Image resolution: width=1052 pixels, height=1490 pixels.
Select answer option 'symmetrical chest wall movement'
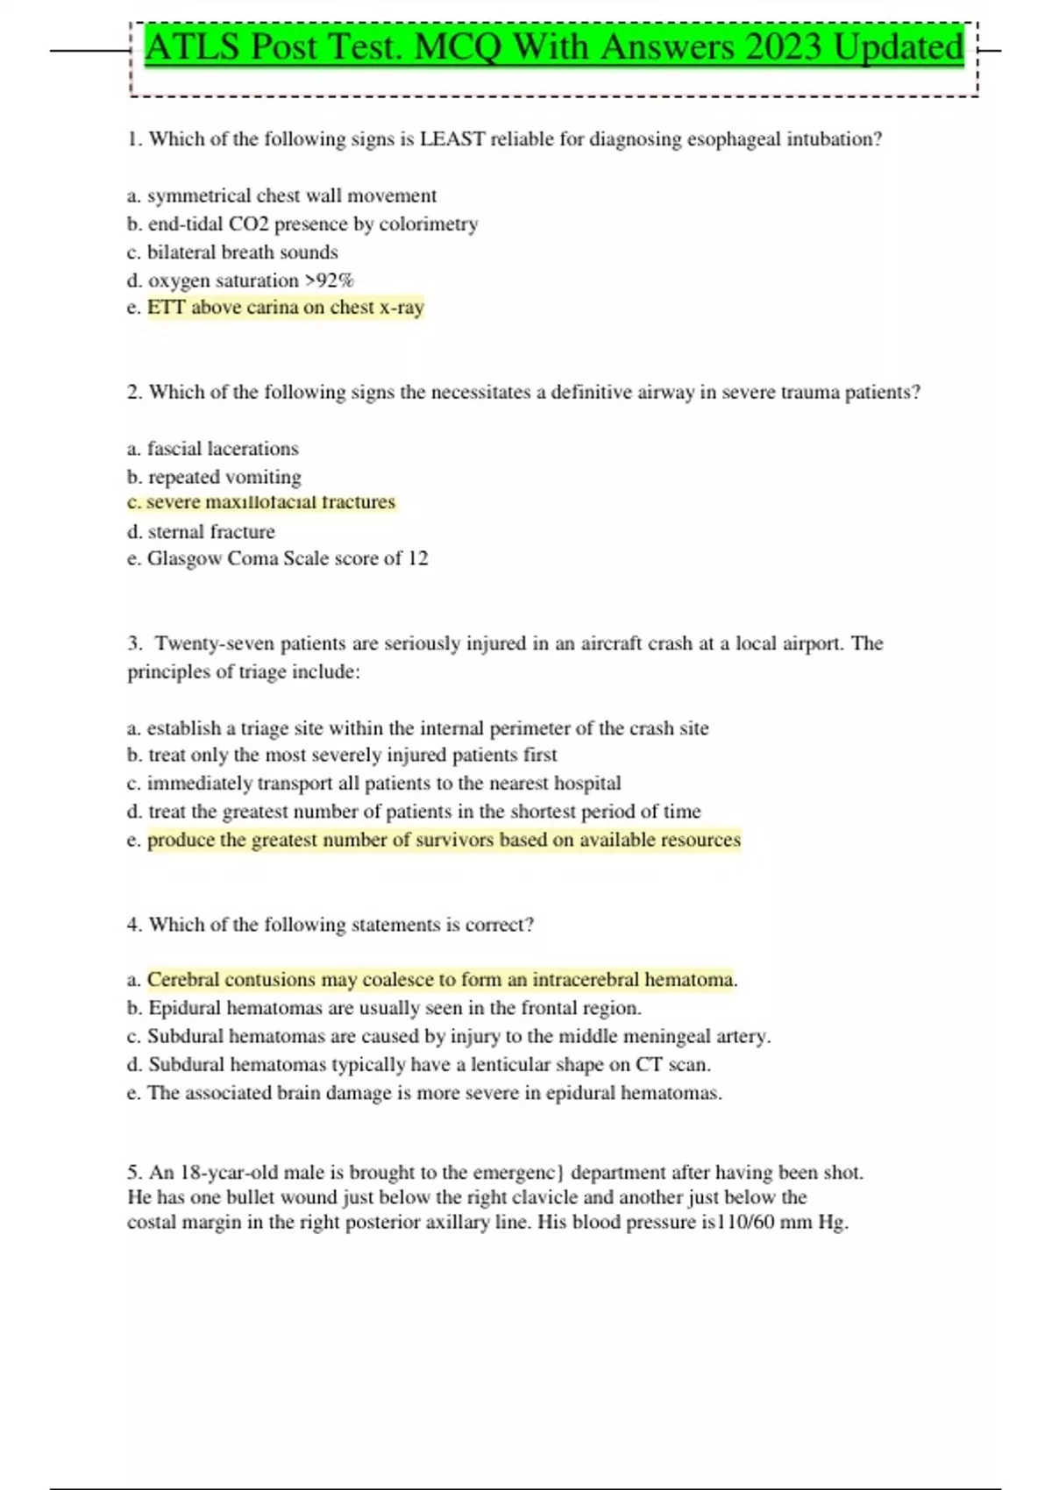291,195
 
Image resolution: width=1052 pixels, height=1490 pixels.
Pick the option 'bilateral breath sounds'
242,252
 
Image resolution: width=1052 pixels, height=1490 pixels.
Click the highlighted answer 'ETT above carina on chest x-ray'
285,308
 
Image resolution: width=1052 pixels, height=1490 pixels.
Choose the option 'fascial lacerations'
223,449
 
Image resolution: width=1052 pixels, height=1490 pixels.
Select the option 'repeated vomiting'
224,477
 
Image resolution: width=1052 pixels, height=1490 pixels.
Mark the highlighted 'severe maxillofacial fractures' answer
270,502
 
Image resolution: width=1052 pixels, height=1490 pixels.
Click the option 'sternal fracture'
211,532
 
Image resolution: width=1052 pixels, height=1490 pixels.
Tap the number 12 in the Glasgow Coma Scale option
417,558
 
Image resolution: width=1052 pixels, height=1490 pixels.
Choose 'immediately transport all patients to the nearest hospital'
384,783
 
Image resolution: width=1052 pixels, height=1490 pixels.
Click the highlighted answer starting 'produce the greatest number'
444,840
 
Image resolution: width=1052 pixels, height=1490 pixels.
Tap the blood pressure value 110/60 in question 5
746,1223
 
